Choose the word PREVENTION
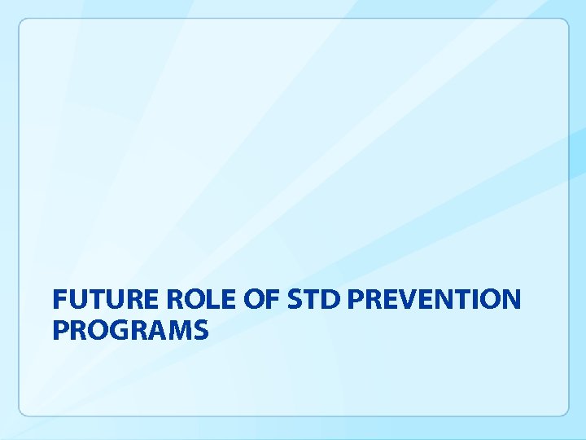pyautogui.click(x=434, y=301)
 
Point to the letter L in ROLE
pyautogui.click(x=206, y=301)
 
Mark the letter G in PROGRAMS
pyautogui.click(x=118, y=331)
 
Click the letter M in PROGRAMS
pyautogui.click(x=179, y=331)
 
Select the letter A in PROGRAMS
pyautogui.click(x=156, y=331)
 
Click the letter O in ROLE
pyautogui.click(x=186, y=301)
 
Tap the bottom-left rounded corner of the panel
pyautogui.click(x=24, y=411)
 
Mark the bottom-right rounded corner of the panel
pyautogui.click(x=563, y=411)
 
